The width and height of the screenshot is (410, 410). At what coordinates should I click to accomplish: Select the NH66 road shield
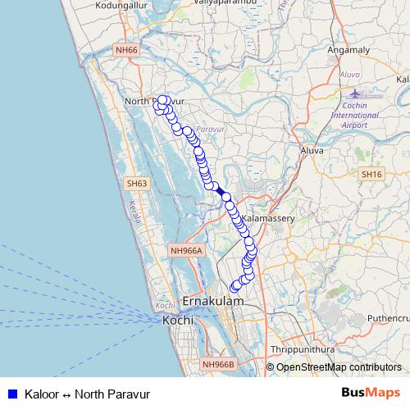click(126, 50)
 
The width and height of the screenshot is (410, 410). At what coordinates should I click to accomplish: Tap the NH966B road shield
click(218, 364)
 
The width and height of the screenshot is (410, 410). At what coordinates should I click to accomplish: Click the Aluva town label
click(313, 151)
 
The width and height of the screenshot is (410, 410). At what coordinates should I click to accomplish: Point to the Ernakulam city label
click(214, 302)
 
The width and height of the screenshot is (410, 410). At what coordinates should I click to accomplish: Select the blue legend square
click(11, 394)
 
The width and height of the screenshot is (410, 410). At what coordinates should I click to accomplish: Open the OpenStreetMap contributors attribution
click(338, 367)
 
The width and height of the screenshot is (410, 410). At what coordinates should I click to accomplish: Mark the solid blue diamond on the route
click(220, 190)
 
